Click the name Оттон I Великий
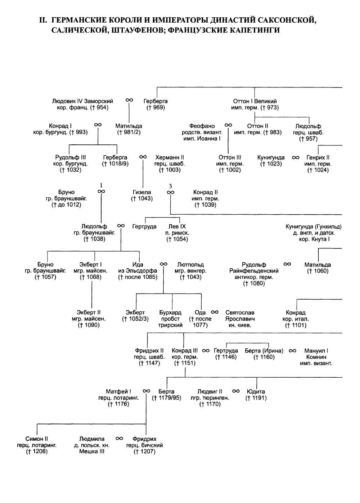click(x=255, y=101)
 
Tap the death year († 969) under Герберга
click(x=156, y=108)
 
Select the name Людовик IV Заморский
click(x=82, y=101)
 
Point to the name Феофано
click(x=202, y=126)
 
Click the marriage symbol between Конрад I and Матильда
click(x=98, y=125)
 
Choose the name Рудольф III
click(x=71, y=157)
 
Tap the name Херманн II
click(x=170, y=157)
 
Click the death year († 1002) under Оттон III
click(x=230, y=170)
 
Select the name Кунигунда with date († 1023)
click(x=271, y=157)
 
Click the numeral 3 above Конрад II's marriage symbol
click(x=170, y=186)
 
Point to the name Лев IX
click(x=177, y=226)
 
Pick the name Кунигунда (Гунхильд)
click(x=314, y=226)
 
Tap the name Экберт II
click(x=89, y=313)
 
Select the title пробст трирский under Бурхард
click(x=170, y=322)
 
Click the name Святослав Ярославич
click(x=240, y=315)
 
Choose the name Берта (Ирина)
click(x=264, y=351)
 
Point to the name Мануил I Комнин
click(x=316, y=354)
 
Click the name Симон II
click(x=37, y=439)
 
